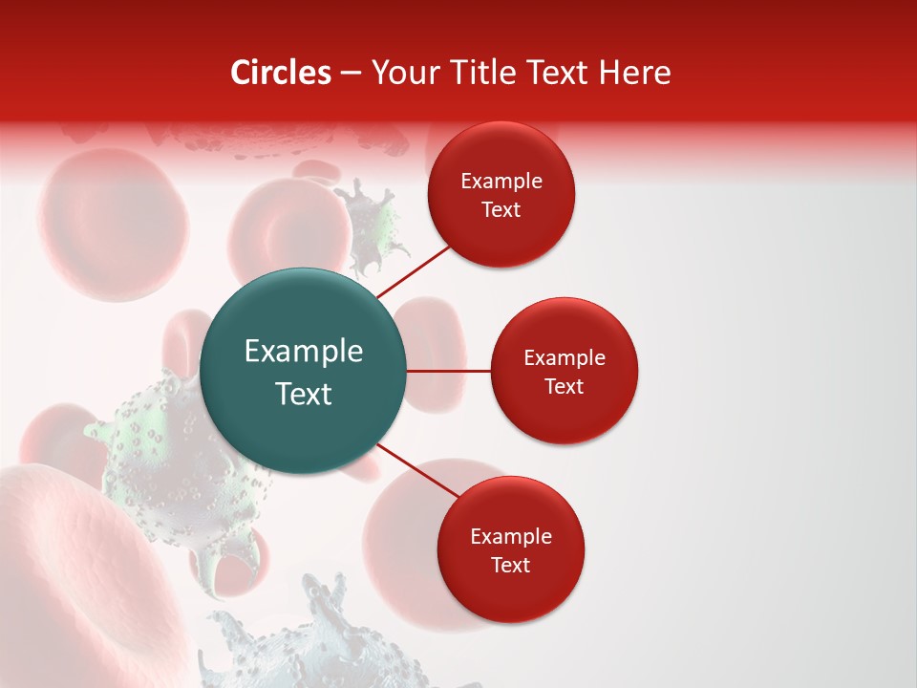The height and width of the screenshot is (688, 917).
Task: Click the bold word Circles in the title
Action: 280,73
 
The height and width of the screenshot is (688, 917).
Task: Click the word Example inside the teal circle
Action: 304,352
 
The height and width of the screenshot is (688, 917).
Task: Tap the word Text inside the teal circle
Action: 304,394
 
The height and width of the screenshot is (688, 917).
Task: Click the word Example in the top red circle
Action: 501,182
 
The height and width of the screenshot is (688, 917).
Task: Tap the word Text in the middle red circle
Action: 564,387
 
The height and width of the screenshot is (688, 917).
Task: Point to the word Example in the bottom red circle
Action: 510,537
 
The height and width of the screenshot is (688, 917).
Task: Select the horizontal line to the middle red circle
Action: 448,371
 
